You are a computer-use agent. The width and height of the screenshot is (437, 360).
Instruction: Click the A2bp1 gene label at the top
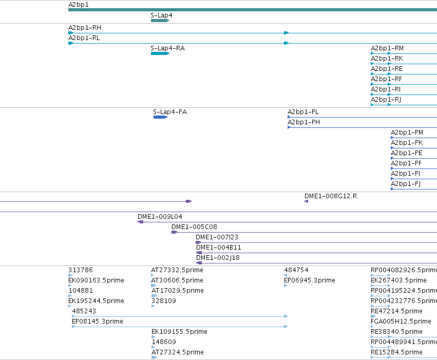pyautogui.click(x=79, y=5)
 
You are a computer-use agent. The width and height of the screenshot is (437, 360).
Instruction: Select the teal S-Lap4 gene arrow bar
pyautogui.click(x=160, y=21)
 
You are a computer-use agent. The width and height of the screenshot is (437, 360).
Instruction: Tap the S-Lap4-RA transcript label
pyautogui.click(x=168, y=48)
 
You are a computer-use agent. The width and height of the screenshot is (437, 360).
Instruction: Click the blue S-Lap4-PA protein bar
pyautogui.click(x=160, y=117)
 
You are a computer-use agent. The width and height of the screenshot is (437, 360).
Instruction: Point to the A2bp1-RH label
pyautogui.click(x=85, y=28)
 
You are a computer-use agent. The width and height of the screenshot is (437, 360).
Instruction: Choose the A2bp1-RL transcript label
pyautogui.click(x=84, y=38)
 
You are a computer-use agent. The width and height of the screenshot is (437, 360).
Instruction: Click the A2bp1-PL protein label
pyautogui.click(x=303, y=112)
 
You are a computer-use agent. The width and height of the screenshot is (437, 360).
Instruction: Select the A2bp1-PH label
pyautogui.click(x=304, y=122)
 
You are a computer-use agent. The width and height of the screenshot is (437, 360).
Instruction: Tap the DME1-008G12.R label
pyautogui.click(x=331, y=196)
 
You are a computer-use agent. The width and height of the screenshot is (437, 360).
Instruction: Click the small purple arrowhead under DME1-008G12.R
pyautogui.click(x=306, y=201)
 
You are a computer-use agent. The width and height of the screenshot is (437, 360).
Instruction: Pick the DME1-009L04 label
pyautogui.click(x=160, y=217)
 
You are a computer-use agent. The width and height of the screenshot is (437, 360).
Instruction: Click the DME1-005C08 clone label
pyautogui.click(x=194, y=227)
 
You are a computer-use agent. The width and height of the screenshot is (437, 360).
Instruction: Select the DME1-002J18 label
pyautogui.click(x=218, y=257)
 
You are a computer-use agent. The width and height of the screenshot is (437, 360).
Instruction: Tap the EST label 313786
pyautogui.click(x=81, y=270)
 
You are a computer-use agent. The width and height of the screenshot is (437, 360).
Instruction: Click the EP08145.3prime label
pyautogui.click(x=98, y=321)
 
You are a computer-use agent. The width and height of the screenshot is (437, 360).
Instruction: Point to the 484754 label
pyautogui.click(x=296, y=270)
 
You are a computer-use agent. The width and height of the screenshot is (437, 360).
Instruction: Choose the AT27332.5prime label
pyautogui.click(x=177, y=270)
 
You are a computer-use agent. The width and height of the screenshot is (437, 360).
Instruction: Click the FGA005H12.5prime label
pyautogui.click(x=401, y=321)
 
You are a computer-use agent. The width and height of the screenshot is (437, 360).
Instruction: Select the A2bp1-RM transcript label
pyautogui.click(x=387, y=48)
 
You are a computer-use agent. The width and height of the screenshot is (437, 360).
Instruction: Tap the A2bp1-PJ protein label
pyautogui.click(x=406, y=184)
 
